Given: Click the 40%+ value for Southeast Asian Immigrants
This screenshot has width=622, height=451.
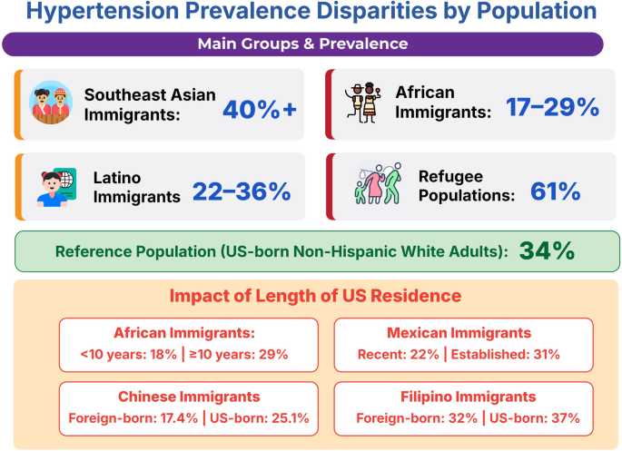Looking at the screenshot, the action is [x=260, y=110].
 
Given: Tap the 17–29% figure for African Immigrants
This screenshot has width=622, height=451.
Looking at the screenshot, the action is [x=552, y=107].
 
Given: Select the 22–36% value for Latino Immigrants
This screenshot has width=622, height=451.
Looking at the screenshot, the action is [x=242, y=191].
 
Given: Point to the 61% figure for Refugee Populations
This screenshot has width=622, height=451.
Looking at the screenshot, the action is [x=556, y=191].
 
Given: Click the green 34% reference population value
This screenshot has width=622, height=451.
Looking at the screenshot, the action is [x=547, y=250].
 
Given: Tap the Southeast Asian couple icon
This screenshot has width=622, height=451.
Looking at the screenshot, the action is [x=51, y=103].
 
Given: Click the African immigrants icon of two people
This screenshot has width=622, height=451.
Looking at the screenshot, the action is [x=363, y=103].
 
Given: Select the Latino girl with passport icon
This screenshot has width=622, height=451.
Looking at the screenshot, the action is [x=56, y=188].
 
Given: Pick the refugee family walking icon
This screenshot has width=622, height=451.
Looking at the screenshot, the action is [x=378, y=183].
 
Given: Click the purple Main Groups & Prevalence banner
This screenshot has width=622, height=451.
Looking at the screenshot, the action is [x=302, y=44].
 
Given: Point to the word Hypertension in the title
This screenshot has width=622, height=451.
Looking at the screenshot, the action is [x=103, y=11].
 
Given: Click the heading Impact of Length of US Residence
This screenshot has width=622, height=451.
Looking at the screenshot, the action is [x=315, y=296].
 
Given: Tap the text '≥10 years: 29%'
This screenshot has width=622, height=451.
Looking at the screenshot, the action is [x=239, y=354].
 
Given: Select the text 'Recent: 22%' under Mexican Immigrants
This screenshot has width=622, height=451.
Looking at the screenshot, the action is [x=399, y=354].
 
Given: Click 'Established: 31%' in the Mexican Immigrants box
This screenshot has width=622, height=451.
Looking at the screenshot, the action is [x=506, y=354].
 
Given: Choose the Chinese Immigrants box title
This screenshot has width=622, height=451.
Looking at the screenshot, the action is [x=189, y=397].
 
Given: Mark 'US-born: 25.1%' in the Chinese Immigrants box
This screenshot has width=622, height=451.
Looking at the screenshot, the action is [x=260, y=418].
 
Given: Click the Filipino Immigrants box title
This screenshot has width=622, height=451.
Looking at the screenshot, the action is [x=468, y=397].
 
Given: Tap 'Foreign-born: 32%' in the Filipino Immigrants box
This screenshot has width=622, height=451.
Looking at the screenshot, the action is [x=417, y=418].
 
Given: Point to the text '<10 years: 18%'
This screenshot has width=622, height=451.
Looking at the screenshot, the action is [x=129, y=354].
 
